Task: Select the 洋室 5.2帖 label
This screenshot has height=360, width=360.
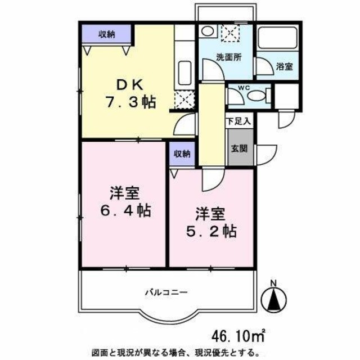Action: (211, 222)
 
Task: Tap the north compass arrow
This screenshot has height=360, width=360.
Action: (273, 298)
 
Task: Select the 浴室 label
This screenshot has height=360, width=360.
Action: (283, 67)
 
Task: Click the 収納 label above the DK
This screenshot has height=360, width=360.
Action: (107, 34)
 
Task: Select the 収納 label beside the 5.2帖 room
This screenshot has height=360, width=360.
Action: (181, 154)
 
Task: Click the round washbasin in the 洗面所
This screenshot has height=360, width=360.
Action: (208, 31)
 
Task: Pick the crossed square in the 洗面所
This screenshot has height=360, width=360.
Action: (229, 35)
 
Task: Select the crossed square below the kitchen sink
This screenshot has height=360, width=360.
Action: (183, 100)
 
